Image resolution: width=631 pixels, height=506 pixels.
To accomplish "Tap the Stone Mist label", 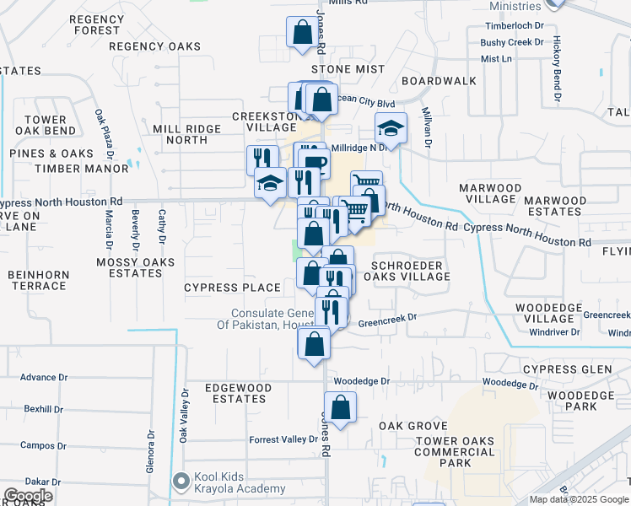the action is [342, 70].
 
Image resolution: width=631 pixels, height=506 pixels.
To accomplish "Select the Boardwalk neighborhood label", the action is [439, 81].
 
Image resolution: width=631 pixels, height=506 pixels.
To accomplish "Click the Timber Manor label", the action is [94, 169].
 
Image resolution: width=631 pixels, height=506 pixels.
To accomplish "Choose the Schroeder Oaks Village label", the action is [408, 271].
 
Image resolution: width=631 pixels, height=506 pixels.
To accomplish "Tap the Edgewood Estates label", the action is [239, 393].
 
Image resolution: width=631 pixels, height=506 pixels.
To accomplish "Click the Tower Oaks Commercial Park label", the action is [456, 452].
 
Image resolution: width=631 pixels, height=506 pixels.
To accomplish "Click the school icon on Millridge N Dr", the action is [391, 129].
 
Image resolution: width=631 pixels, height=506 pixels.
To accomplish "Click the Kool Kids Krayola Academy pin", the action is [181, 482].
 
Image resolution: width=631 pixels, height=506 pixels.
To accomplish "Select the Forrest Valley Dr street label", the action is [283, 439].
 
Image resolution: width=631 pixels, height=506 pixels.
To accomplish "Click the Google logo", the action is [27, 496].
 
